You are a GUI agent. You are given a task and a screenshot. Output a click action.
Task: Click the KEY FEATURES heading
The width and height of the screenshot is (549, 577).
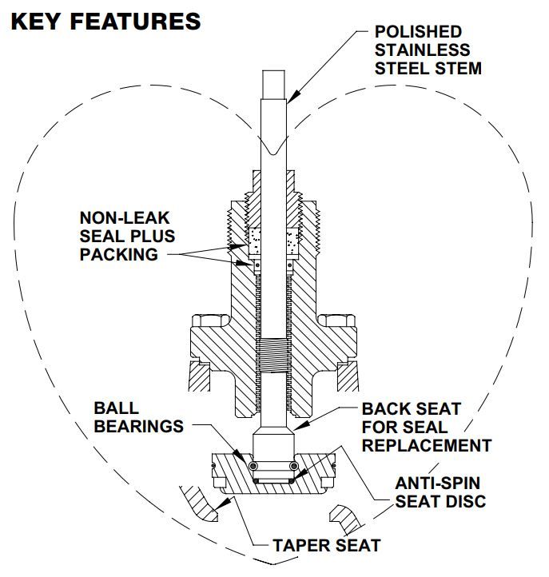106,21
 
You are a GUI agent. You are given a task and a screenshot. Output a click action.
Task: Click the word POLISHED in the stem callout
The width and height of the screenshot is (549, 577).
418,32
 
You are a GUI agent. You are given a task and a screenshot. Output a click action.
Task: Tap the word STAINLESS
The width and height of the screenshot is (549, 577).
422,50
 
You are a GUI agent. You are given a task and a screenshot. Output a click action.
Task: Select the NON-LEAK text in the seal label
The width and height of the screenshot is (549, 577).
125,218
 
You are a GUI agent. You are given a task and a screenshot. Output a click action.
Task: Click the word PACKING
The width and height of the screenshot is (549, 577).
119,255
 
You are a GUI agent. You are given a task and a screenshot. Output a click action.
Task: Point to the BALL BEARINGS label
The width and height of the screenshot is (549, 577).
139,417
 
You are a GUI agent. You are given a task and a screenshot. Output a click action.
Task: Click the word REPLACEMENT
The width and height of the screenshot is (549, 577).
427,445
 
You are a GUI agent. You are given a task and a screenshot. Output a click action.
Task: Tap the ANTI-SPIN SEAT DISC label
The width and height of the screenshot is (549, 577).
440,492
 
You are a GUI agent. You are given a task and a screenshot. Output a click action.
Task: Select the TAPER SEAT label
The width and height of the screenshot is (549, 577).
326,545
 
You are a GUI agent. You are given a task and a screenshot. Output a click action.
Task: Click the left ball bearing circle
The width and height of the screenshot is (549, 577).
253,466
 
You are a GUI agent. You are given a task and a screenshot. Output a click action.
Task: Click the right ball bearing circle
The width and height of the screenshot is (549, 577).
293,466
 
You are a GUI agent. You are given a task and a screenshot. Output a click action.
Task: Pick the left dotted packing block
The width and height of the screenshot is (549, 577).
255,241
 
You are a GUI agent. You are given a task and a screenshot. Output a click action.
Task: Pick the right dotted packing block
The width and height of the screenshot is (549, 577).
292,241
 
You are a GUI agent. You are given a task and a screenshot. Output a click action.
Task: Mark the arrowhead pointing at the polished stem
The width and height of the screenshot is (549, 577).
292,97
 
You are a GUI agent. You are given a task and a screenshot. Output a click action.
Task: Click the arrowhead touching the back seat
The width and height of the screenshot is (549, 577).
300,426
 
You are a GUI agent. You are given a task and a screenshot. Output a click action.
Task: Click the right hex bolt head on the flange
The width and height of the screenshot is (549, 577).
337,320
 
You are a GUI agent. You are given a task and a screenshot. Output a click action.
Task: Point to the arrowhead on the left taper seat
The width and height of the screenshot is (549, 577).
225,503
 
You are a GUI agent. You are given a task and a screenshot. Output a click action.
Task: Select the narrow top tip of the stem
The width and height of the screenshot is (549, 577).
273,84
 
